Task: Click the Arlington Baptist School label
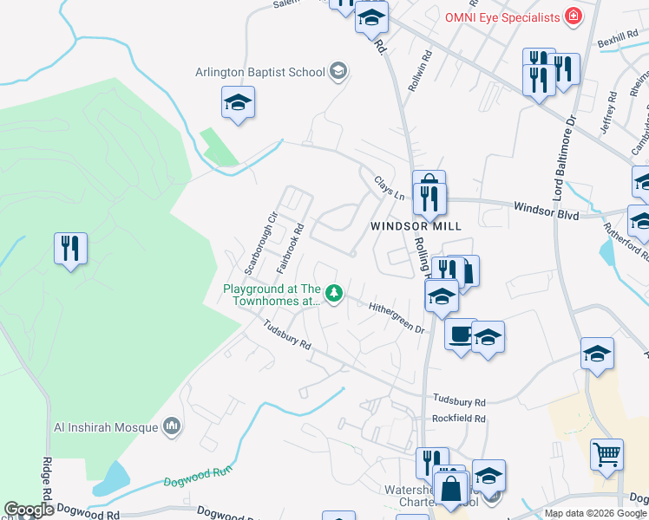[260, 72]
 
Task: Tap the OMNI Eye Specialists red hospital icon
[573, 16]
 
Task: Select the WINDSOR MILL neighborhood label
[415, 225]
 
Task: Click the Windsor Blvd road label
[546, 208]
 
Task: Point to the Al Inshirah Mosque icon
[172, 426]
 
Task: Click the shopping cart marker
[606, 456]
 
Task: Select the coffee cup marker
[460, 334]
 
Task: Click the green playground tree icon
[333, 292]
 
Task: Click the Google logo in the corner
[29, 510]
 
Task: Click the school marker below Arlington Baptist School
[238, 105]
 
